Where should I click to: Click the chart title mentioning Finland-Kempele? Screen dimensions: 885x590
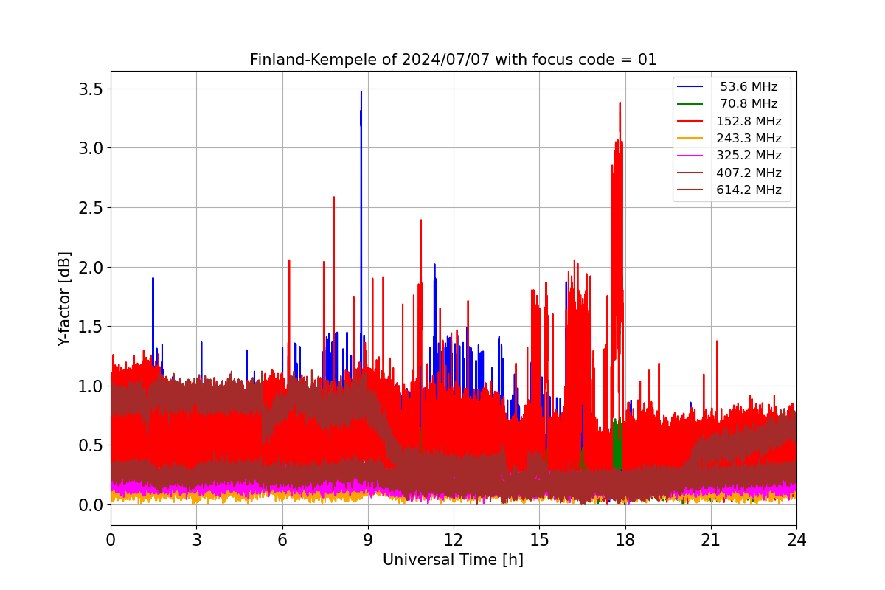pos(453,60)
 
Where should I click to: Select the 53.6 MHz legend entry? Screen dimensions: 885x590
pos(729,86)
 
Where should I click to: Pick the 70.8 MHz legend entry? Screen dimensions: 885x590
pos(729,103)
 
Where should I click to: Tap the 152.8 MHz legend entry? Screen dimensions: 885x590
pos(729,121)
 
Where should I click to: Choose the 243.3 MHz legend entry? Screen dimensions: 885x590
pos(729,138)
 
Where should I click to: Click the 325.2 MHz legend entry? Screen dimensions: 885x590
pos(729,156)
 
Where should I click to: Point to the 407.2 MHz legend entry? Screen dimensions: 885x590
pos(729,173)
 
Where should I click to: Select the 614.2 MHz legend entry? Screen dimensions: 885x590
pos(729,190)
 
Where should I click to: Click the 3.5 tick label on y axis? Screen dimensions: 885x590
pos(91,89)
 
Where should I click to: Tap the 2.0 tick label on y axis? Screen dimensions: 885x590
pos(91,268)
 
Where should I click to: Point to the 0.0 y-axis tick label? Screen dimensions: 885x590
pos(91,505)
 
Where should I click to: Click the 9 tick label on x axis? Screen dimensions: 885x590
pos(368,540)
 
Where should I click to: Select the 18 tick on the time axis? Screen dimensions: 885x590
pos(625,540)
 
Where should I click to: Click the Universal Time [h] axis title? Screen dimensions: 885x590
pos(453,560)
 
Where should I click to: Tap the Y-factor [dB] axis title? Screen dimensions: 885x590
pos(63,299)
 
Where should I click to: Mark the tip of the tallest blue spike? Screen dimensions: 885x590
pos(361,91)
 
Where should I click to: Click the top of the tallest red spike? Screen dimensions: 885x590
pos(620,103)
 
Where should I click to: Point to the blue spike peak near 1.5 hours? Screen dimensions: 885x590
pos(153,278)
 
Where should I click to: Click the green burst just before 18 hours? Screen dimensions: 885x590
pos(617,442)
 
